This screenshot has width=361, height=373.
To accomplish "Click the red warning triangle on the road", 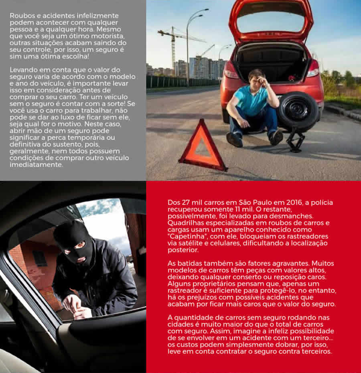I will click(x=203, y=146).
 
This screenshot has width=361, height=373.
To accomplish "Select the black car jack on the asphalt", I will click(x=296, y=139).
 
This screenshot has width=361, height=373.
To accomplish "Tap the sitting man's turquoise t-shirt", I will click(x=253, y=100).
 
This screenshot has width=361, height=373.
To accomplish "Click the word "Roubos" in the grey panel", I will click(x=21, y=16).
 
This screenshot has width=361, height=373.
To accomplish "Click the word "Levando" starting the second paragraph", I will click(x=23, y=70).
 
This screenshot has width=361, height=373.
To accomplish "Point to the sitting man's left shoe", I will click(x=234, y=140).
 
